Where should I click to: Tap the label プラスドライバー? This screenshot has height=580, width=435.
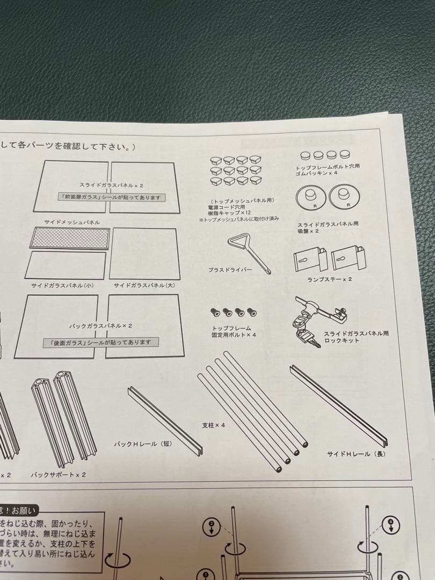[230, 270]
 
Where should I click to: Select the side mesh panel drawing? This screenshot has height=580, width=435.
[69, 238]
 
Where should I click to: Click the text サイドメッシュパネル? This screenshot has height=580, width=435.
[73, 222]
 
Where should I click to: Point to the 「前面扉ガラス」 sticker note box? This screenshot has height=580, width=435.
[112, 197]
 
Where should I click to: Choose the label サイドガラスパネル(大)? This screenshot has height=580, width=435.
[144, 285]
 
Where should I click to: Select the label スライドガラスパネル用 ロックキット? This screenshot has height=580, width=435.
[356, 337]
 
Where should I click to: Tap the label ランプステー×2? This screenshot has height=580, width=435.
[330, 279]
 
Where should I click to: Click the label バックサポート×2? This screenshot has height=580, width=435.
[58, 474]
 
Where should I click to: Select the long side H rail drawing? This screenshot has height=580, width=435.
[338, 406]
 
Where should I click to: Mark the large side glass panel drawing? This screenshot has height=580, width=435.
[144, 253]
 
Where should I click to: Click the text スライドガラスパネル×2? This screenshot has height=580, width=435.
[111, 185]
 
